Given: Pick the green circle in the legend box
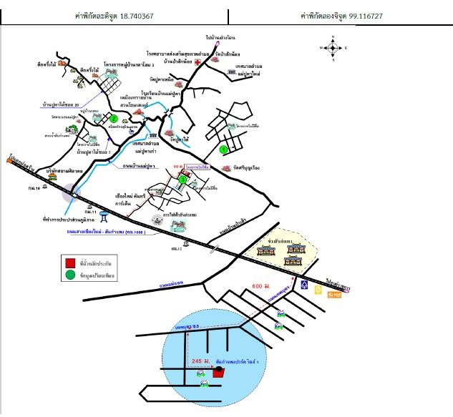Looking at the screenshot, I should (x=71, y=274).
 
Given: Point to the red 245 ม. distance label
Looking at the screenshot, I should (x=203, y=363).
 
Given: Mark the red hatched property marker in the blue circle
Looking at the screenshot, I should (x=218, y=372).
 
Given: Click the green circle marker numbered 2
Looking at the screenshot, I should (x=113, y=119).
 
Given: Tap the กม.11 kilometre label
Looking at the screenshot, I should (x=89, y=211).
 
